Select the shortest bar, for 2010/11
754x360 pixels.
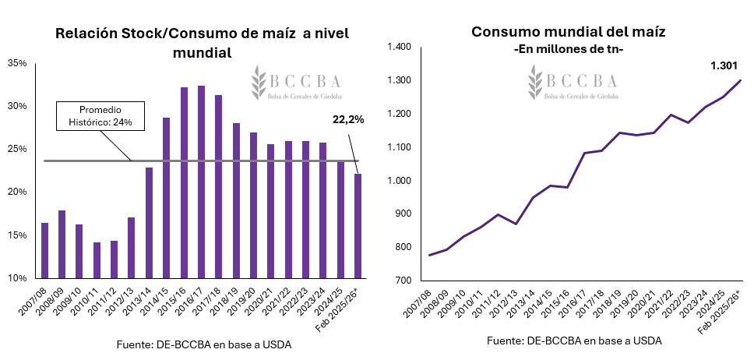coord(97,260)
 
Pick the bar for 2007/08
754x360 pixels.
coord(44,250)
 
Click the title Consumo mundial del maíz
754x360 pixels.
coord(568,32)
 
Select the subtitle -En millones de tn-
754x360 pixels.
coord(568,49)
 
